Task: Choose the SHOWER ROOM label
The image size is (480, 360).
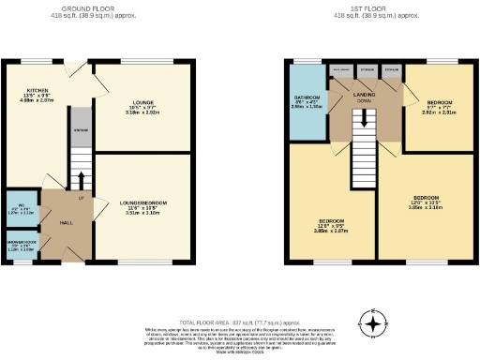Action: point(20,247)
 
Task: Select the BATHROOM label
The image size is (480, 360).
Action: point(306,97)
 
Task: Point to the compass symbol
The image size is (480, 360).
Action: point(375,325)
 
